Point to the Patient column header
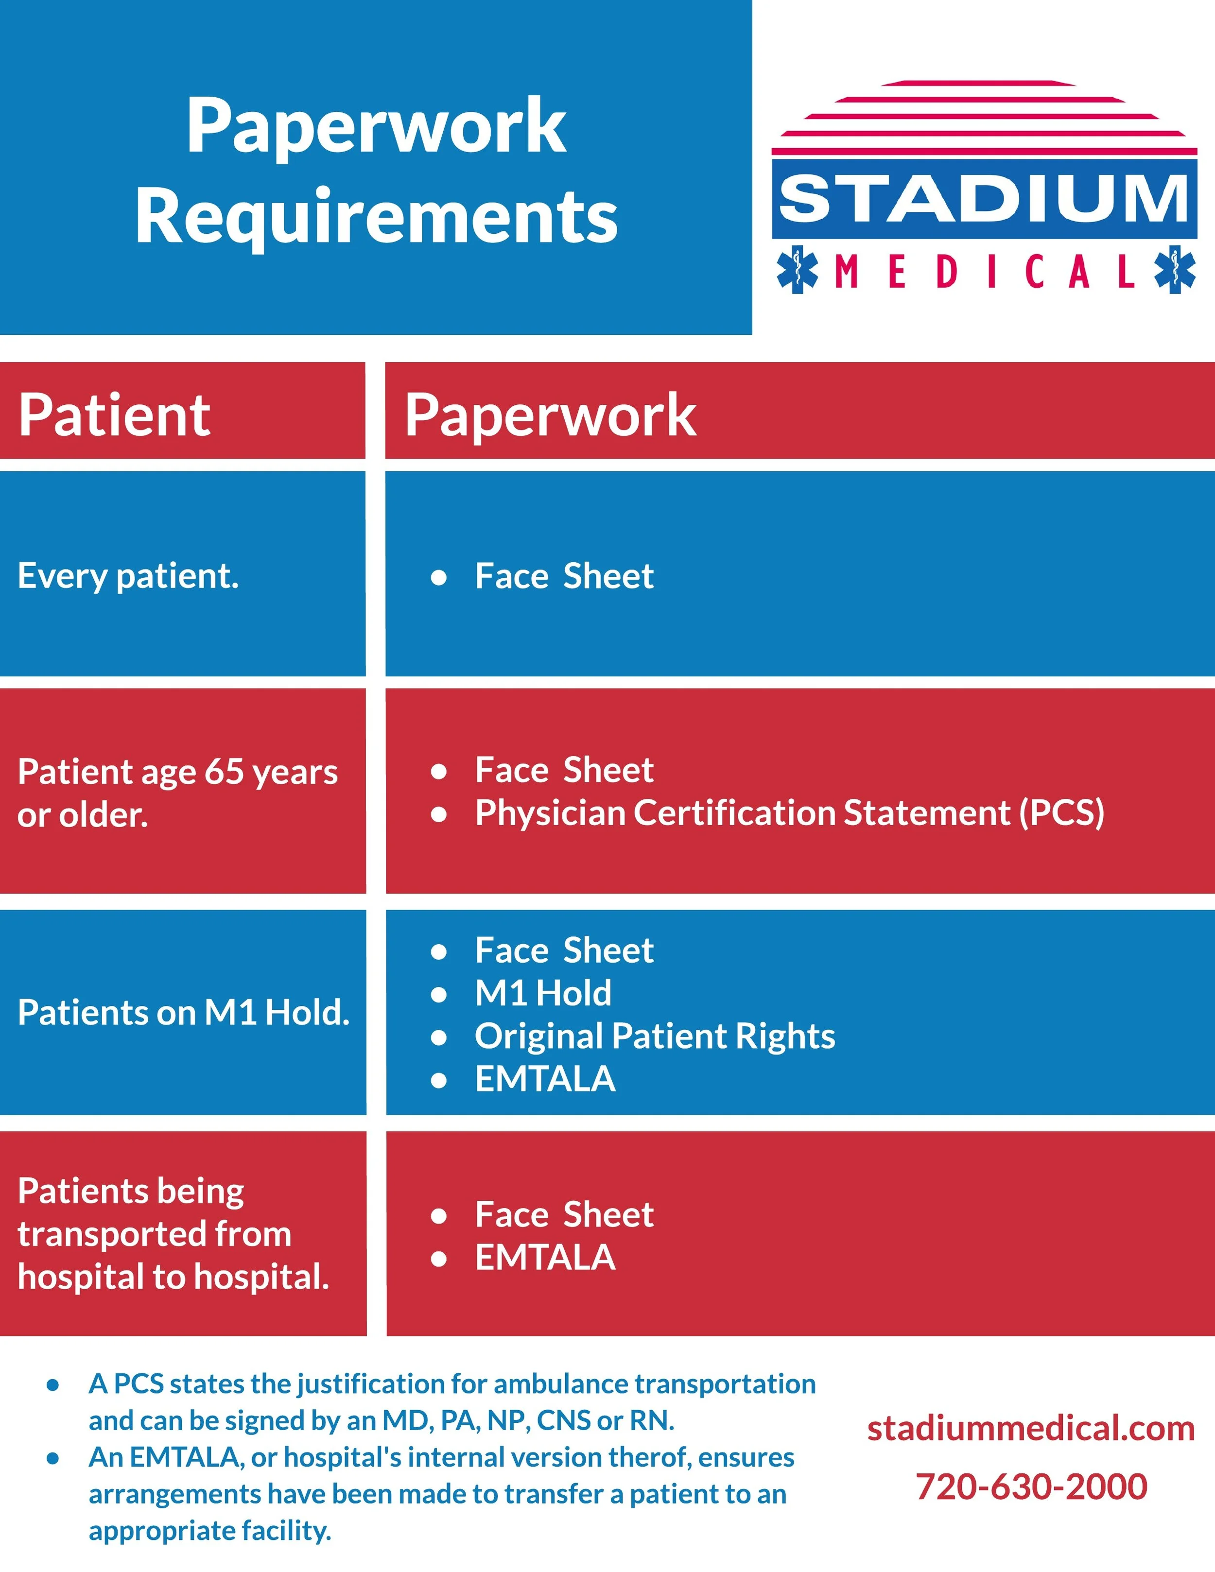(114, 415)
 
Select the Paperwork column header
(550, 415)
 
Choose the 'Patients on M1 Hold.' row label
(183, 1013)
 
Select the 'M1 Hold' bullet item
(543, 993)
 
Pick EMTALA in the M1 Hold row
(545, 1079)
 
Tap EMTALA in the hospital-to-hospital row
(545, 1258)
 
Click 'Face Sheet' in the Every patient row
(564, 576)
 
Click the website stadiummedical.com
(1031, 1428)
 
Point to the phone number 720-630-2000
(1031, 1486)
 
